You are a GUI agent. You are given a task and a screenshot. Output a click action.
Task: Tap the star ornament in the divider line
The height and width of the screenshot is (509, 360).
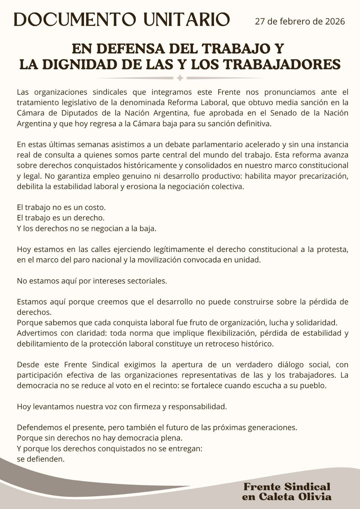(180, 78)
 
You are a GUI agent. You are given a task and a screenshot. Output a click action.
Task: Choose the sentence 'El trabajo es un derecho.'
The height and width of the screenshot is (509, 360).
(61, 218)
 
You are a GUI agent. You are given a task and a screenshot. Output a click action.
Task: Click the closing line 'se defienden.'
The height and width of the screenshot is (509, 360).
(41, 459)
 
